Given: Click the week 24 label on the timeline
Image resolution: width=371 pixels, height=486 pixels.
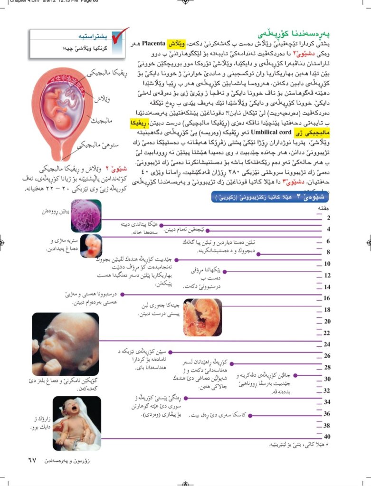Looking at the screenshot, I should click(327, 344).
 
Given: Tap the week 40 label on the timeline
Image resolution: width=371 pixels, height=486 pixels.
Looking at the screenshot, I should click(327, 437).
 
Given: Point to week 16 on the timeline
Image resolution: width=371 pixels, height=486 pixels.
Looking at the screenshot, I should click(327, 298).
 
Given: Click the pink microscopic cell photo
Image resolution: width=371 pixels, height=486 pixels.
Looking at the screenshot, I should click(86, 215).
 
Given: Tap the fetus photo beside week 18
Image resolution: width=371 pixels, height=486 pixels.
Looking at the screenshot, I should click(202, 317).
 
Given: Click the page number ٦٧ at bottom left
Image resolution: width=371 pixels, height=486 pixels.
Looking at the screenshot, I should click(31, 460).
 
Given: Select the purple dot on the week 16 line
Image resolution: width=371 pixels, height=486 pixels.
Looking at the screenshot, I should click(122, 294).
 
